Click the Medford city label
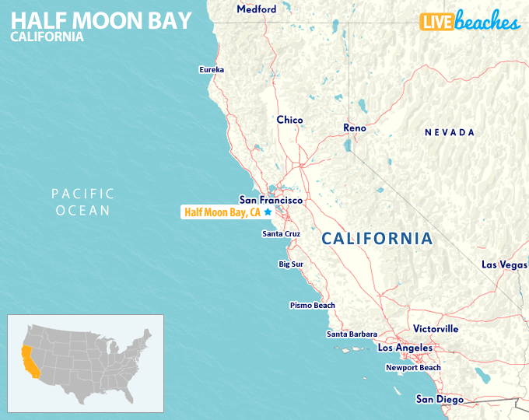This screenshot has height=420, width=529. (x=256, y=9)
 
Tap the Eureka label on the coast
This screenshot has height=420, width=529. (x=212, y=70)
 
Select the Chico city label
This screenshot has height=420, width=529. (x=289, y=120)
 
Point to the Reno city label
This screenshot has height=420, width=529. (x=355, y=128)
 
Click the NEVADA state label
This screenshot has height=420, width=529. (x=450, y=133)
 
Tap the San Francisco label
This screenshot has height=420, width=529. (x=271, y=200)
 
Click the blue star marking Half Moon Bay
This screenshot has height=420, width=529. (x=268, y=212)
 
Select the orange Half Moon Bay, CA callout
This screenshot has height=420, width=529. (x=222, y=212)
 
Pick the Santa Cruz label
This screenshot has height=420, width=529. (x=281, y=233)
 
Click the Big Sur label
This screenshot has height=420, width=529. (x=291, y=264)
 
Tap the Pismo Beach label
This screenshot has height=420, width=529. (x=313, y=306)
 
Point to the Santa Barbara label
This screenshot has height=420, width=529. (x=352, y=334)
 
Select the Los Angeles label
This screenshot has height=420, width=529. (x=405, y=348)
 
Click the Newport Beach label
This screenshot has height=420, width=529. (x=413, y=368)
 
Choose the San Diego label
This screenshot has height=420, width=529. (x=440, y=399)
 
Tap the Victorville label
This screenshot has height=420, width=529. (x=436, y=329)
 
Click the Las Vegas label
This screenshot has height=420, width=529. (x=504, y=264)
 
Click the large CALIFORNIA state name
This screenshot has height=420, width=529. (x=377, y=239)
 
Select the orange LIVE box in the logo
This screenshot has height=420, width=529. (x=438, y=22)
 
